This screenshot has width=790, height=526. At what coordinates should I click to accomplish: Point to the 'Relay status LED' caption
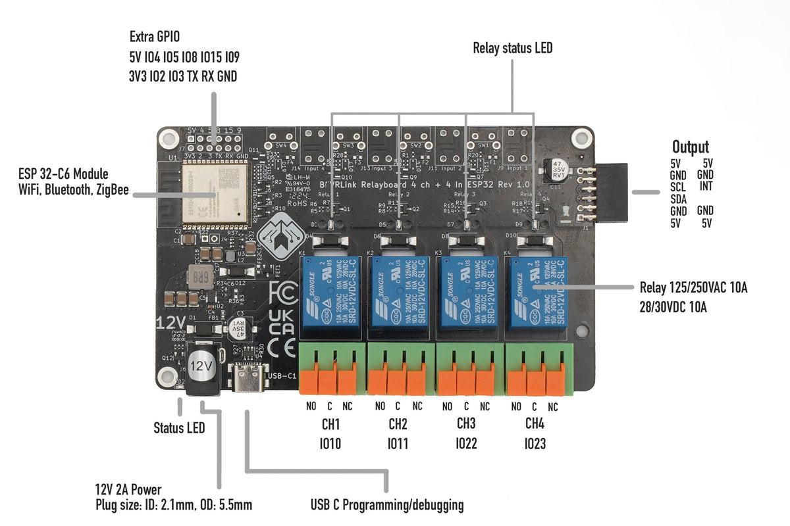[x=513, y=48]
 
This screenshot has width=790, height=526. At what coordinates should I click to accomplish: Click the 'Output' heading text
[x=690, y=147]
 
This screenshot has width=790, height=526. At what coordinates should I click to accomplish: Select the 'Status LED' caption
[x=179, y=428]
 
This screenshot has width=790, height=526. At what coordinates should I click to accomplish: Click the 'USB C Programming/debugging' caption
[x=387, y=505]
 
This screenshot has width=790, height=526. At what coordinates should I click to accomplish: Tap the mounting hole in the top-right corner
[x=580, y=137]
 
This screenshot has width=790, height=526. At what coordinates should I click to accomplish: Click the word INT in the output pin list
[x=706, y=187]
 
